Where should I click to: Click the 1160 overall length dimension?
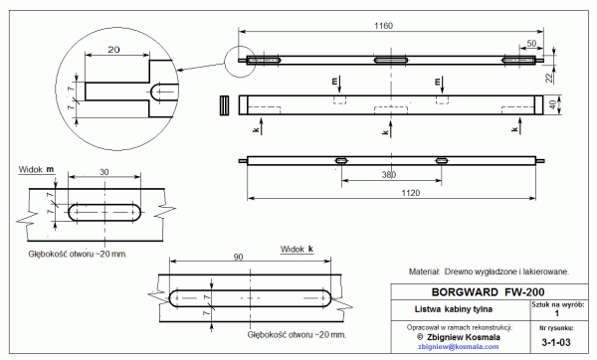click(x=383, y=26)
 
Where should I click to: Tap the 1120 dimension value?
click(x=410, y=193)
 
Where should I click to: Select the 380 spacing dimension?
click(x=389, y=175)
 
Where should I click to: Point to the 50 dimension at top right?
click(x=531, y=44)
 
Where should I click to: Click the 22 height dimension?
click(x=549, y=78)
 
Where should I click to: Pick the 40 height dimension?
click(x=553, y=105)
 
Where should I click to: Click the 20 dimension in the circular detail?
click(x=113, y=50)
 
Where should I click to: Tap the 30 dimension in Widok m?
click(x=103, y=172)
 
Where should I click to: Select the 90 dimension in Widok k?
click(x=238, y=258)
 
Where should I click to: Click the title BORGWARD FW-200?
click(x=488, y=292)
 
